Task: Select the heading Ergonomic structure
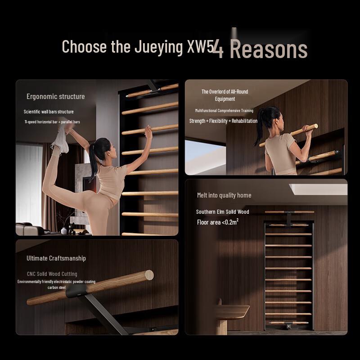coord(55,96)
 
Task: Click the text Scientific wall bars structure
coord(49,112)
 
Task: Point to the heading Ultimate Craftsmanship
coord(56,258)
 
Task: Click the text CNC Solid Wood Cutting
coord(52,274)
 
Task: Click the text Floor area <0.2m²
coord(217,222)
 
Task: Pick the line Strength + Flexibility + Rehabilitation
coord(223,121)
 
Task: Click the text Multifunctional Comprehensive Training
coord(224,111)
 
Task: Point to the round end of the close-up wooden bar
coord(148,275)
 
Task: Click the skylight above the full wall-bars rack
coord(318,189)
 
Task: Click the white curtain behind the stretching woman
coord(29,180)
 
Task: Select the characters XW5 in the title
coord(200,47)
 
